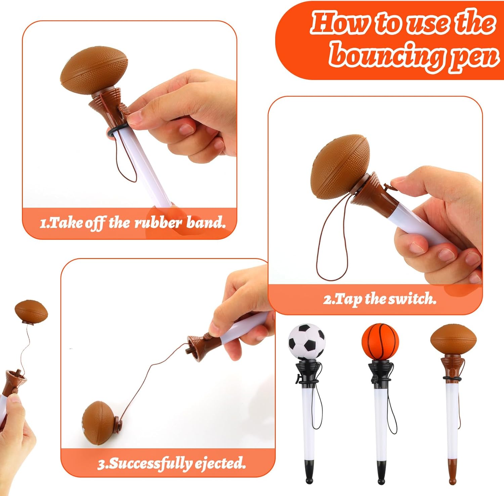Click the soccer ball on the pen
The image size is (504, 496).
pos(306,342)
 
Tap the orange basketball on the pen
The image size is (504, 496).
pos(380,342)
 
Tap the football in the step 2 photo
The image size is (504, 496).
pos(340,167)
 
